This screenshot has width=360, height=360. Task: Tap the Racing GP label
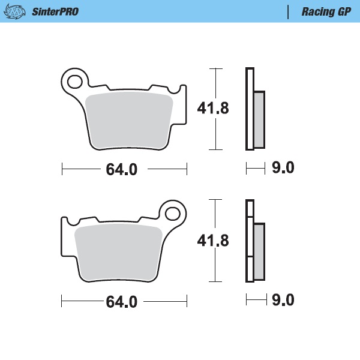click(326, 11)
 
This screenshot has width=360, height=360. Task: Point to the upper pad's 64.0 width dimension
click(122, 170)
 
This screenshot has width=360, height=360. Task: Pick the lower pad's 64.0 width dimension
click(122, 301)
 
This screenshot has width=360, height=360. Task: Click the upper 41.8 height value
click(214, 109)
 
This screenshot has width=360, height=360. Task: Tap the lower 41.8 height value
click(214, 241)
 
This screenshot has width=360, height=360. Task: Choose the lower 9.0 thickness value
click(283, 300)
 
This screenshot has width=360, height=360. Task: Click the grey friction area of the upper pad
click(130, 120)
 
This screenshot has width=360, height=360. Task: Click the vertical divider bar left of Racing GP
click(289, 11)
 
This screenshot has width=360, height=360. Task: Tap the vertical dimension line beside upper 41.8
click(212, 81)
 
